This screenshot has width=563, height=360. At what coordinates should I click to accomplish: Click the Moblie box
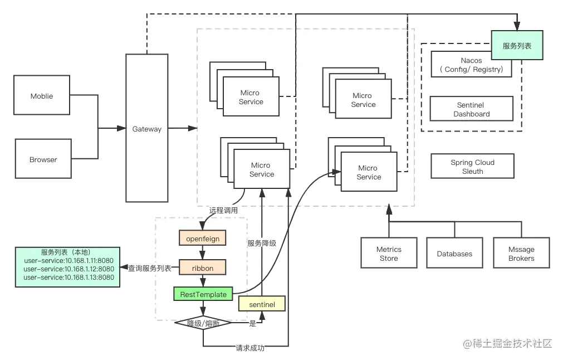(x=42, y=95)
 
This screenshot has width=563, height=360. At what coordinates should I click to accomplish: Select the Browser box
(x=43, y=159)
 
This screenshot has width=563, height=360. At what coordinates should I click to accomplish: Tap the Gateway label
(x=147, y=129)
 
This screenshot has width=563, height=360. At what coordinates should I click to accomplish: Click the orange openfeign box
(x=203, y=238)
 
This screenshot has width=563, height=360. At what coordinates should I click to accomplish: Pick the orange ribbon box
(x=203, y=267)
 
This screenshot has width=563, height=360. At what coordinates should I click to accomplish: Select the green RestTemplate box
(x=203, y=294)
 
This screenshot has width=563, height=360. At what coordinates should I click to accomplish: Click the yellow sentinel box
(x=262, y=304)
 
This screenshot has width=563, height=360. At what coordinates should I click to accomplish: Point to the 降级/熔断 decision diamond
(x=203, y=323)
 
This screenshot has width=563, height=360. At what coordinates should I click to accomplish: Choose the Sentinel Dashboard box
(x=472, y=109)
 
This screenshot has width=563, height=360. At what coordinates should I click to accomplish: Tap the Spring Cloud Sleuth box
(x=473, y=167)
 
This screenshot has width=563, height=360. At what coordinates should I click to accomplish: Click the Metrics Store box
(x=389, y=253)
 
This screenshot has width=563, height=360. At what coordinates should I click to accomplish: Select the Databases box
(x=454, y=253)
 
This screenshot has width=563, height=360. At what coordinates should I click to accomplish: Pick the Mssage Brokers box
(x=521, y=253)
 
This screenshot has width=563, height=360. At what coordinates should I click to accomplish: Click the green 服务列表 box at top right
(x=517, y=45)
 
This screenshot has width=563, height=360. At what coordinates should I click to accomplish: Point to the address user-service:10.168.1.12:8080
(x=68, y=269)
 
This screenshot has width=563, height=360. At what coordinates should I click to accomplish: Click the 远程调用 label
(x=223, y=211)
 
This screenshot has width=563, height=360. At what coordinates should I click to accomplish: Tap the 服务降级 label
(x=262, y=243)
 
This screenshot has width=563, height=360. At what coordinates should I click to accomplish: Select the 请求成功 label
(x=250, y=348)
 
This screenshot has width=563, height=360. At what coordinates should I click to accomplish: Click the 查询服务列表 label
(x=150, y=269)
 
